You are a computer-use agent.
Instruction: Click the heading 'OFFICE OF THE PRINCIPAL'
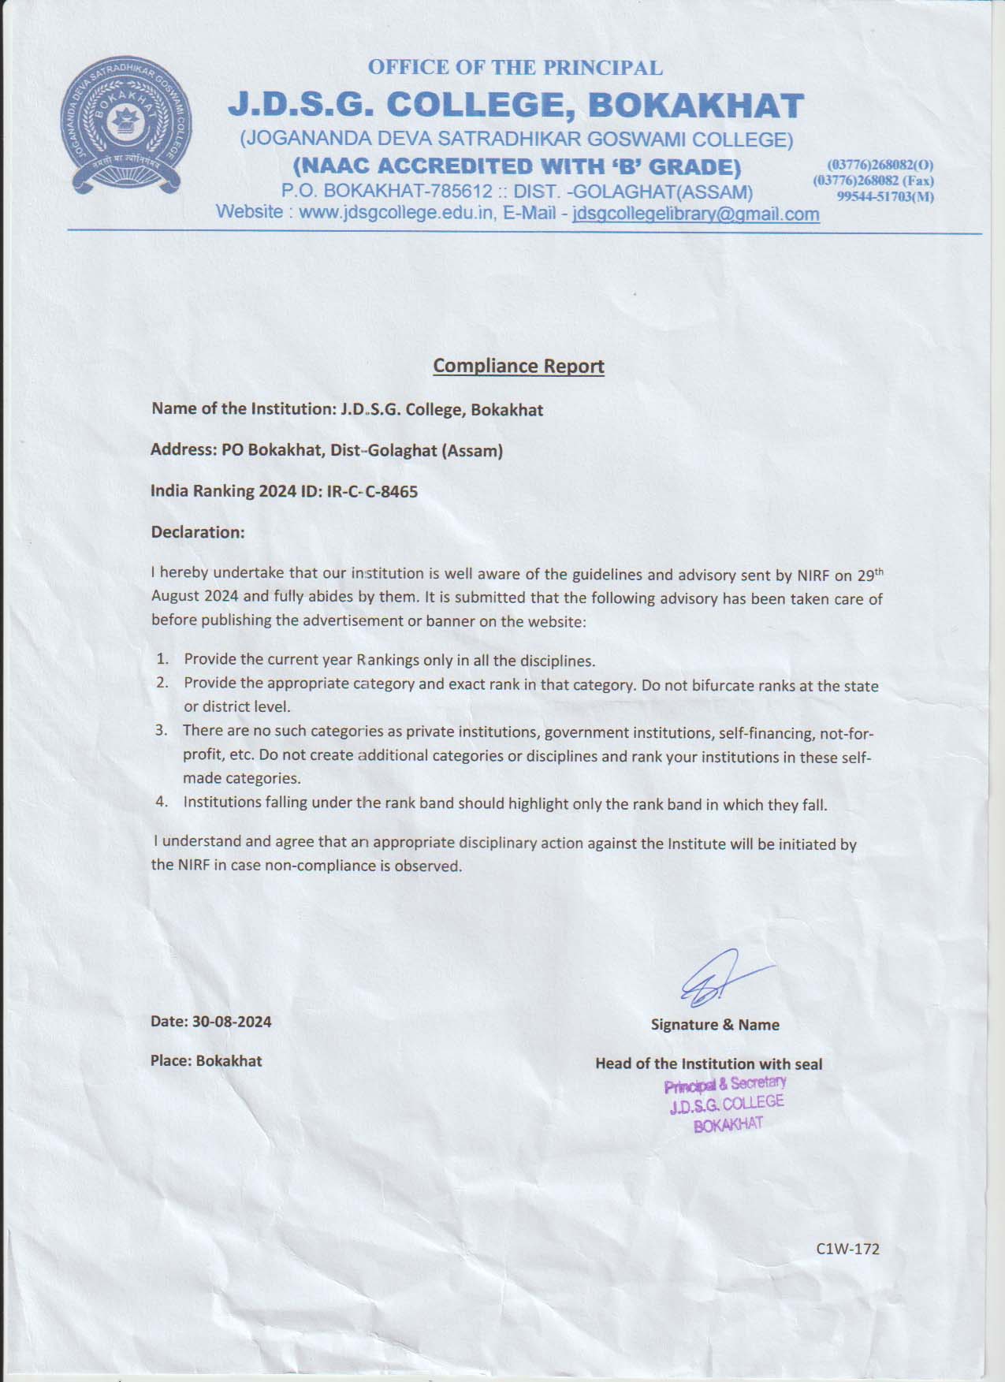pyautogui.click(x=515, y=68)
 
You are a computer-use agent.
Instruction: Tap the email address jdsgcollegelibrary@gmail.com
pyautogui.click(x=695, y=214)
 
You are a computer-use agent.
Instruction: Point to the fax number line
pyautogui.click(x=873, y=181)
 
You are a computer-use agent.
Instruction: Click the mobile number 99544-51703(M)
pyautogui.click(x=885, y=196)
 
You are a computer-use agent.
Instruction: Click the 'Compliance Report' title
pyautogui.click(x=519, y=366)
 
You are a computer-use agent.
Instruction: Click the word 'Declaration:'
pyautogui.click(x=198, y=532)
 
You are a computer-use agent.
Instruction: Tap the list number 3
pyautogui.click(x=161, y=730)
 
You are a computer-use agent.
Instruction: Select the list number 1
pyautogui.click(x=162, y=658)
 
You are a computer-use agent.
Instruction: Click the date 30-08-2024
pyautogui.click(x=232, y=1022)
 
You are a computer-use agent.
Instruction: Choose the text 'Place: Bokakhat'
pyautogui.click(x=206, y=1061)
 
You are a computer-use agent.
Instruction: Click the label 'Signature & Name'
pyautogui.click(x=715, y=1025)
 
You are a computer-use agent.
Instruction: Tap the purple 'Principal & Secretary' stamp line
pyautogui.click(x=725, y=1085)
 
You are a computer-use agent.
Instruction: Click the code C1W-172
pyautogui.click(x=847, y=1249)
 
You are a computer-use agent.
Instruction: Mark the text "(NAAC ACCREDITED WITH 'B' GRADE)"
pyautogui.click(x=517, y=167)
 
